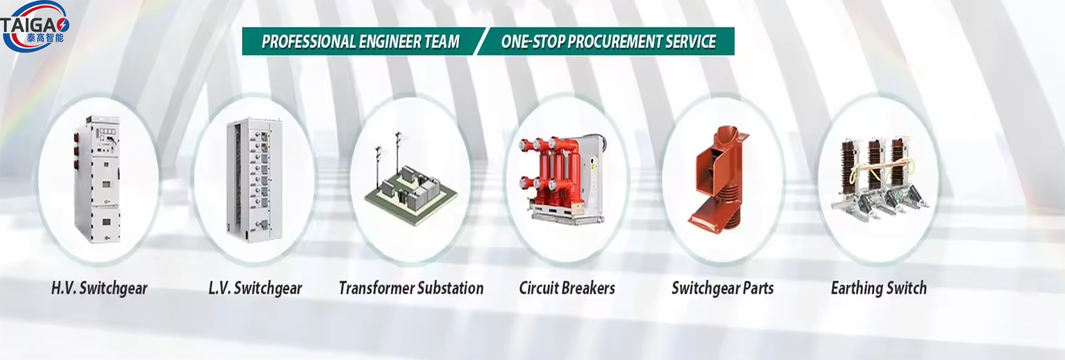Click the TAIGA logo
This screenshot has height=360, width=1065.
34,27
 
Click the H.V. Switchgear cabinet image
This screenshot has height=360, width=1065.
98,179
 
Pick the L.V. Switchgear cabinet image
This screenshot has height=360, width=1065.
255,180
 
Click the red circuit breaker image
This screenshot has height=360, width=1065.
561,179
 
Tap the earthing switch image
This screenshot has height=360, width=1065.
878,179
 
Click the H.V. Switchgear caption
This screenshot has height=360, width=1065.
99,288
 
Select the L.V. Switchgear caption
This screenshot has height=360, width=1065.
255,288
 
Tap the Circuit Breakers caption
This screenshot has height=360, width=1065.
567,288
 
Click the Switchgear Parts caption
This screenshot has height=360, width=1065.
723,288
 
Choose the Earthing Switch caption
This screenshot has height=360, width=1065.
879,288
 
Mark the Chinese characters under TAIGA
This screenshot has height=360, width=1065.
45,38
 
